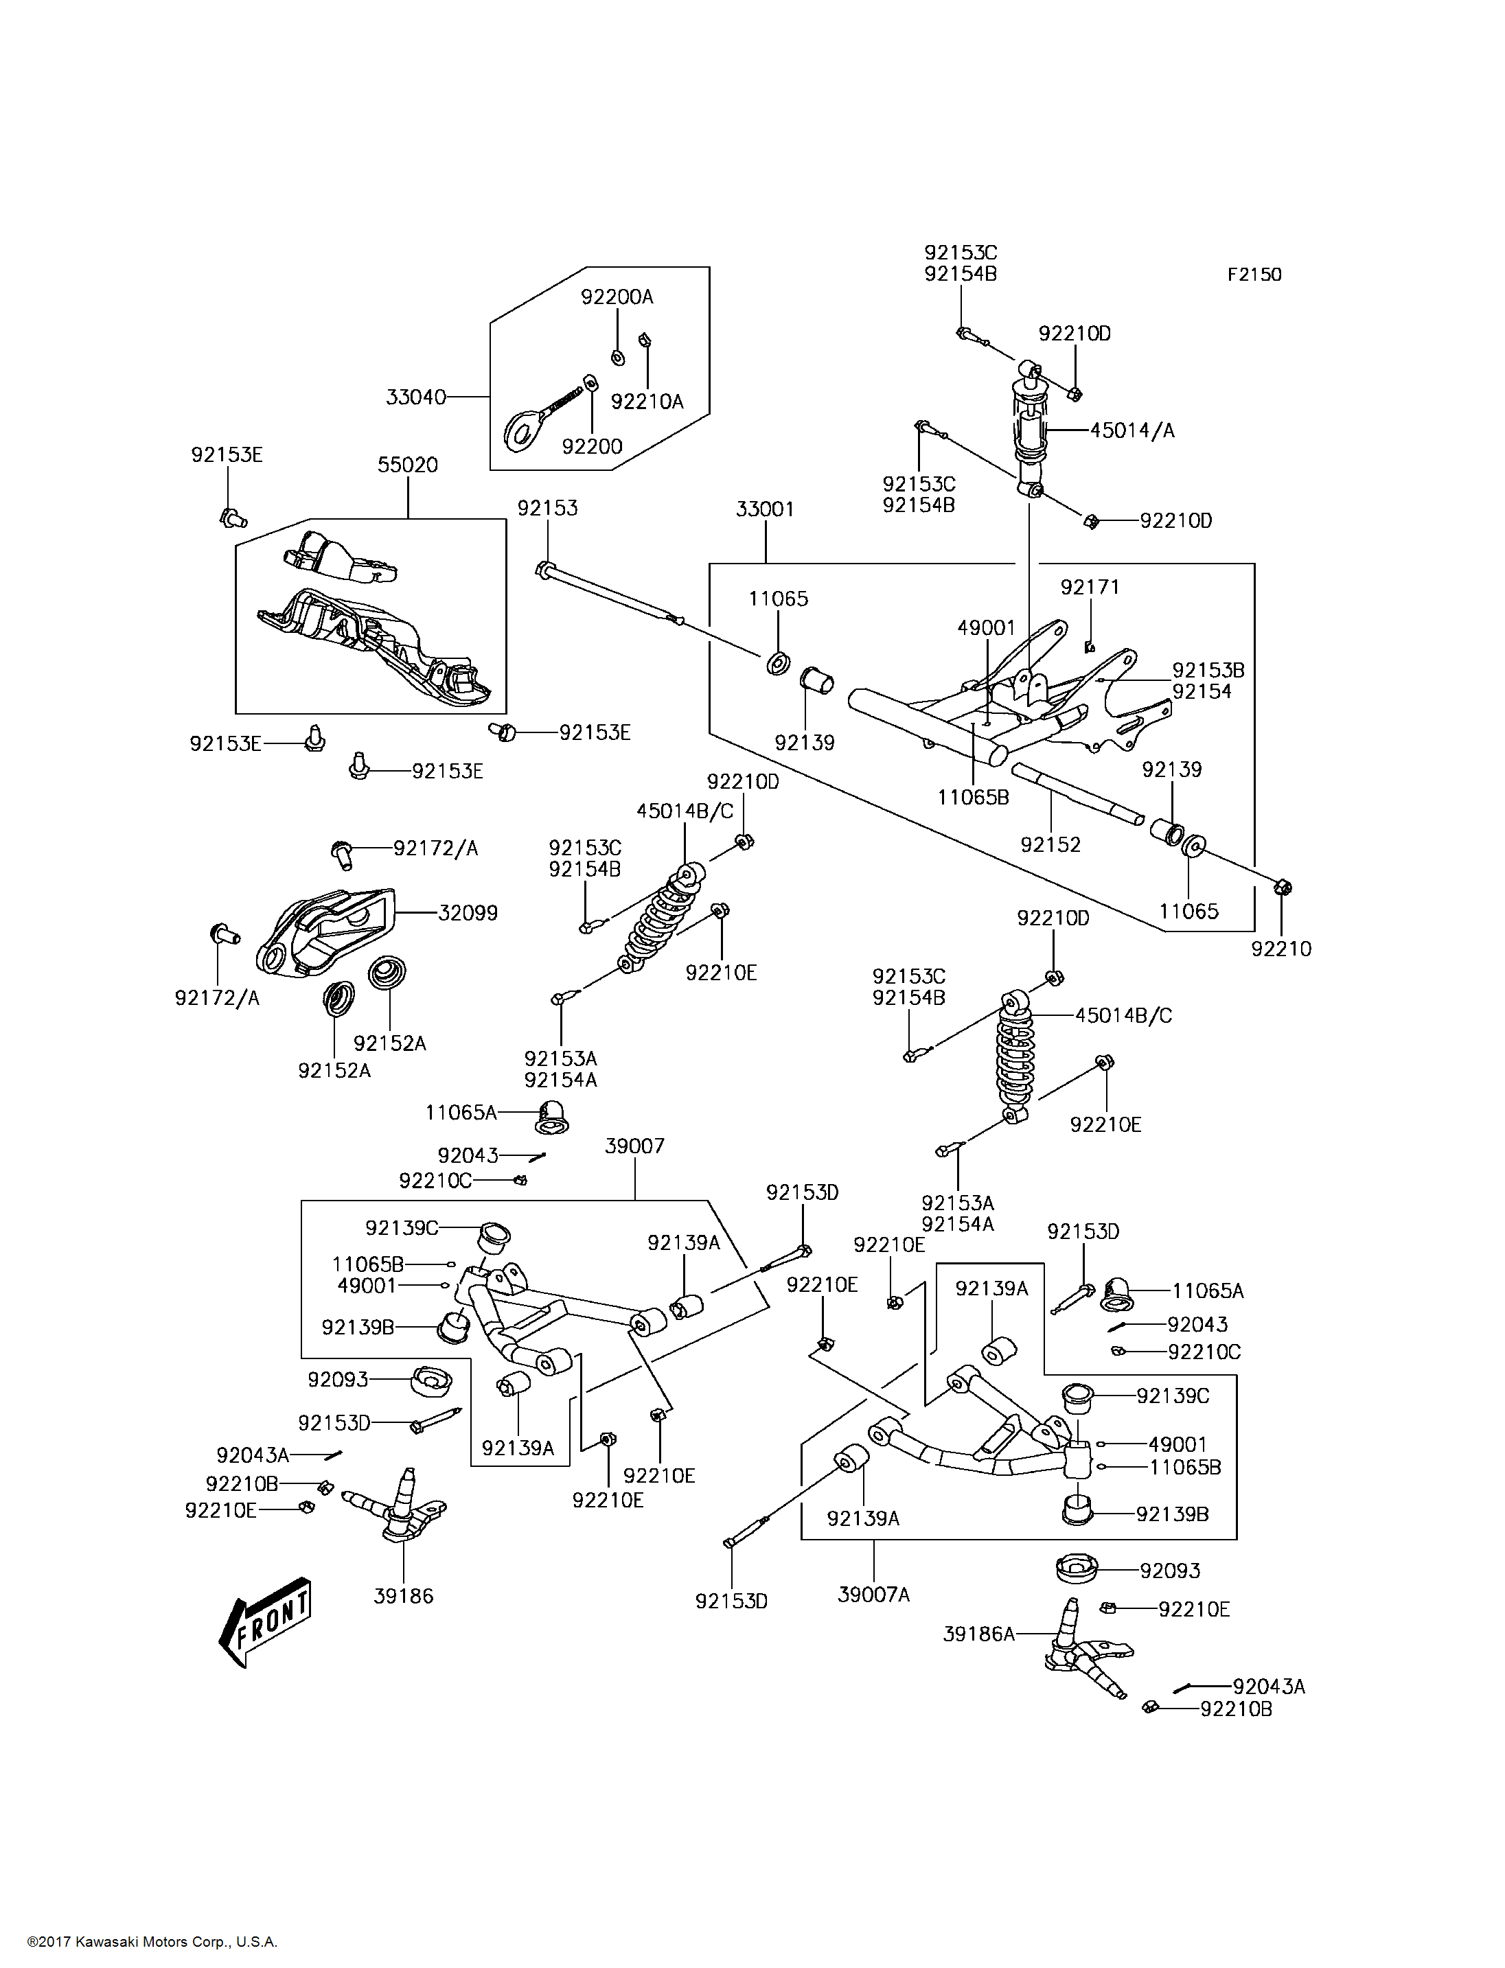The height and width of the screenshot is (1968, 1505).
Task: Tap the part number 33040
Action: pyautogui.click(x=415, y=397)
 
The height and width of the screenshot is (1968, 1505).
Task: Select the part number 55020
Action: pyautogui.click(x=408, y=465)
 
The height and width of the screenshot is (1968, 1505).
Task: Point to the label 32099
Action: pyautogui.click(x=468, y=913)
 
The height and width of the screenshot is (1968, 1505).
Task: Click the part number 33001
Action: pyautogui.click(x=765, y=509)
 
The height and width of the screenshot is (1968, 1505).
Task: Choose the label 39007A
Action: pyautogui.click(x=873, y=1595)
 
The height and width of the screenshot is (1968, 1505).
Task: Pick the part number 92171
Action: pyautogui.click(x=1090, y=587)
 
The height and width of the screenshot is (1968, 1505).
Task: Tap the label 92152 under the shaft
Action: pyautogui.click(x=1050, y=845)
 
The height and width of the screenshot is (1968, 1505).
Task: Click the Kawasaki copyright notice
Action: pyautogui.click(x=152, y=1942)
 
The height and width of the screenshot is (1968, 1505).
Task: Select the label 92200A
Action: pyautogui.click(x=617, y=297)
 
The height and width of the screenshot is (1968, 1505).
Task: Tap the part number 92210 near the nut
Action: pyautogui.click(x=1281, y=949)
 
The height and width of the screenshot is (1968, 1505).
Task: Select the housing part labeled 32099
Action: pyautogui.click(x=323, y=931)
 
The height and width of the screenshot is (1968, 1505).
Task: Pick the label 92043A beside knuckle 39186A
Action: pyautogui.click(x=1269, y=1687)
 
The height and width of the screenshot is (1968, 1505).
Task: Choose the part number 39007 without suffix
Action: pyautogui.click(x=634, y=1146)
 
